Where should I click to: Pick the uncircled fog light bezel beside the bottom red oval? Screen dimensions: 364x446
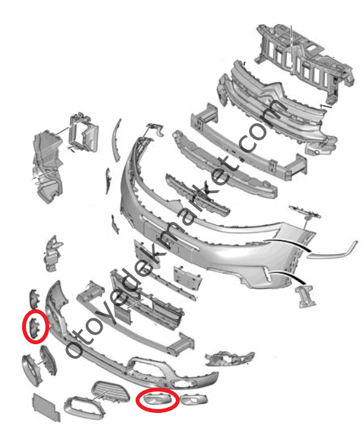194,399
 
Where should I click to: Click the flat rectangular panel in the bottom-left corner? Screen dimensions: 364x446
46,407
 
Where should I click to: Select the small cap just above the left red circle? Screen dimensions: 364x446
34,299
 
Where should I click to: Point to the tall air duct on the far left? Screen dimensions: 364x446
47,166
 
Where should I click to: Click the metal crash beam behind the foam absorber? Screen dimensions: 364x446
248,145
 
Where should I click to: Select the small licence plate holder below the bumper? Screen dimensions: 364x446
188,277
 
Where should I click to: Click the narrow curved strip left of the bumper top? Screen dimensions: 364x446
116,140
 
